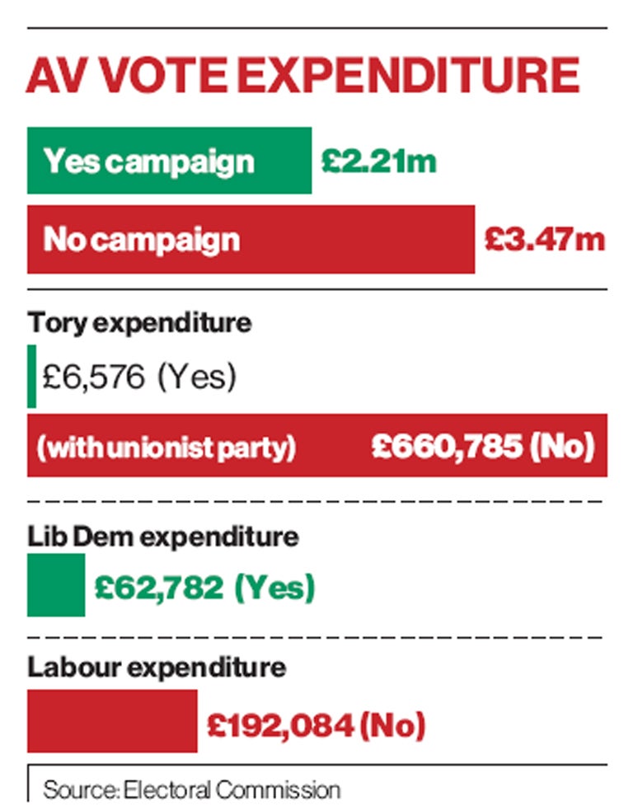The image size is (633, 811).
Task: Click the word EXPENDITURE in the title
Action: [420, 75]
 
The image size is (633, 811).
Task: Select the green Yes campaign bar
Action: [169, 161]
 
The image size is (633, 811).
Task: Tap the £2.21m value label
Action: [378, 161]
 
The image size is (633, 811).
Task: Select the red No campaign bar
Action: [251, 240]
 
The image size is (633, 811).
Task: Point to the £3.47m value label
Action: [544, 240]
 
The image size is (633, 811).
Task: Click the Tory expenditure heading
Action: [140, 322]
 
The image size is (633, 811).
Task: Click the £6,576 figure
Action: [93, 377]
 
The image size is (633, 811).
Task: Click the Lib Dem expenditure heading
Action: [163, 537]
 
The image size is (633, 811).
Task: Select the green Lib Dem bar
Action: [56, 585]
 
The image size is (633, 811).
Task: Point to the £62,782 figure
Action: [159, 588]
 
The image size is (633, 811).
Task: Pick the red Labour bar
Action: [112, 720]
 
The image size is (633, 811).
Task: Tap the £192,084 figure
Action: [281, 725]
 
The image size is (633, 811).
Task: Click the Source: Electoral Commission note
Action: [191, 790]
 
